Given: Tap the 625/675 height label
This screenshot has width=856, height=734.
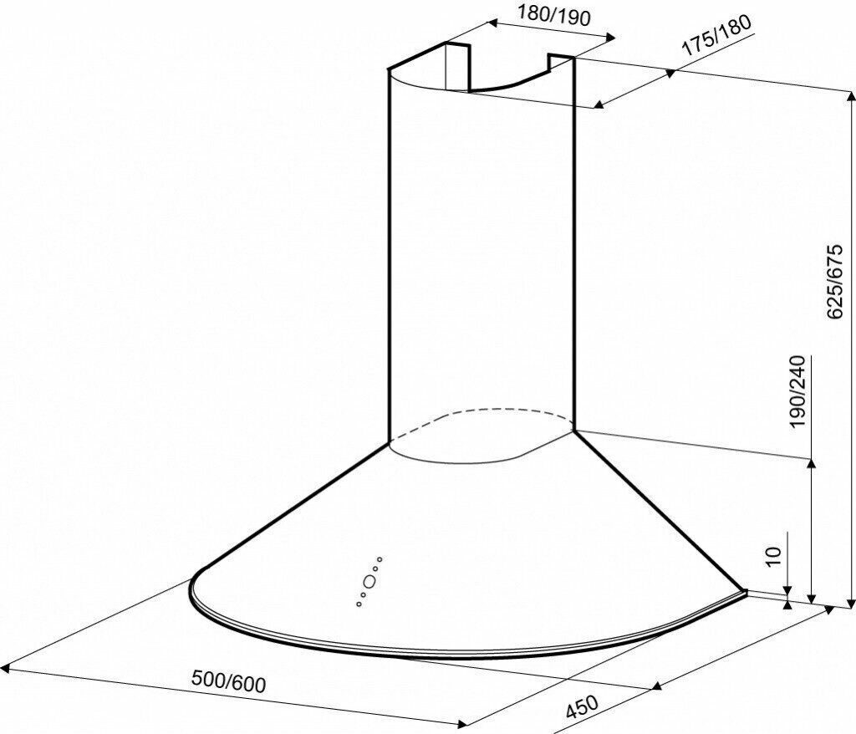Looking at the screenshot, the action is pos(836,282).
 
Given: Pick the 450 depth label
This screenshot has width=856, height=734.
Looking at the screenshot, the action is pos(582,706).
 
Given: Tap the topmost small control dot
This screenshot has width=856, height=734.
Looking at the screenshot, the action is pos(380,559).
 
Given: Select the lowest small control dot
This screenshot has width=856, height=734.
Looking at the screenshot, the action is pos(358,604).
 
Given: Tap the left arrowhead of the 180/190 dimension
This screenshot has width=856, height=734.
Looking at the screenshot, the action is pos(492,23).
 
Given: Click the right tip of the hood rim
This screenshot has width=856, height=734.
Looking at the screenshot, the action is pos(746,592).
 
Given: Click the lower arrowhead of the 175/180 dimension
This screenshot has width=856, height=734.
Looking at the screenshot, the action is pos(599,104).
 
